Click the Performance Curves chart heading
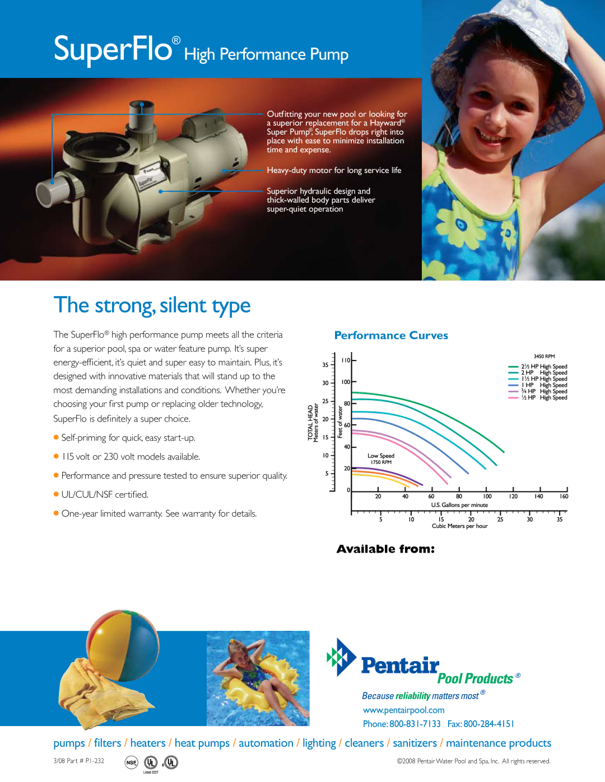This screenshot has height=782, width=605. (391, 335)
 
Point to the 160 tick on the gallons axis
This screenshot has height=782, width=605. (564, 496)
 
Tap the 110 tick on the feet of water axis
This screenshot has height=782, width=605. (346, 360)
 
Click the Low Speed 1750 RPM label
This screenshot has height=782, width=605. (380, 458)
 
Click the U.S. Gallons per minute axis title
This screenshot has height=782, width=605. (459, 505)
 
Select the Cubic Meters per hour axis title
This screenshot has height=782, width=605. (459, 526)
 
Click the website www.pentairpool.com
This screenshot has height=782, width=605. (403, 710)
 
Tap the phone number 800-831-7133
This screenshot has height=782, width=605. (415, 724)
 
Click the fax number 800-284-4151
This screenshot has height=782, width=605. (488, 724)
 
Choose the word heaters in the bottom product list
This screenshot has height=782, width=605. (148, 743)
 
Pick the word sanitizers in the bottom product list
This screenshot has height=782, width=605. (415, 743)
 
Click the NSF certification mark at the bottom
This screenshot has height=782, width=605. (131, 762)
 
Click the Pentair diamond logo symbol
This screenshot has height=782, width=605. (342, 657)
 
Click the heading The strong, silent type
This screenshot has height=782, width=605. (152, 306)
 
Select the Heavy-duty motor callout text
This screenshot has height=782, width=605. (334, 170)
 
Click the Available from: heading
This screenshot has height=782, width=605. (385, 549)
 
